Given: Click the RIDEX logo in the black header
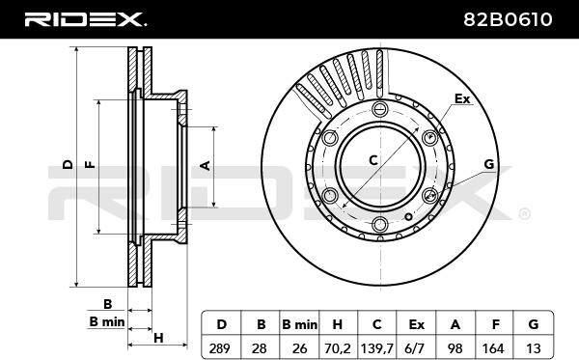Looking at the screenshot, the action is point(85,19).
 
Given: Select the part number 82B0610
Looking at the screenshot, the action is point(508,19).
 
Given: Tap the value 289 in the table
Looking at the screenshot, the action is point(219,347).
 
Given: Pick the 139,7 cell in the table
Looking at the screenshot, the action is point(376,347).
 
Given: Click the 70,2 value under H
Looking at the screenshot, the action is point(338,347).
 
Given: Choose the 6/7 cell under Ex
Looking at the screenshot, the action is point(416,347).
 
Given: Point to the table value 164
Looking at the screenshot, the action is point(493,347).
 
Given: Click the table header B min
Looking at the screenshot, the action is point(299,324).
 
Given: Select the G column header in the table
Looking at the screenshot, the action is point(534,324).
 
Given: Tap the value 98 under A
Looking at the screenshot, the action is point(455,347).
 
